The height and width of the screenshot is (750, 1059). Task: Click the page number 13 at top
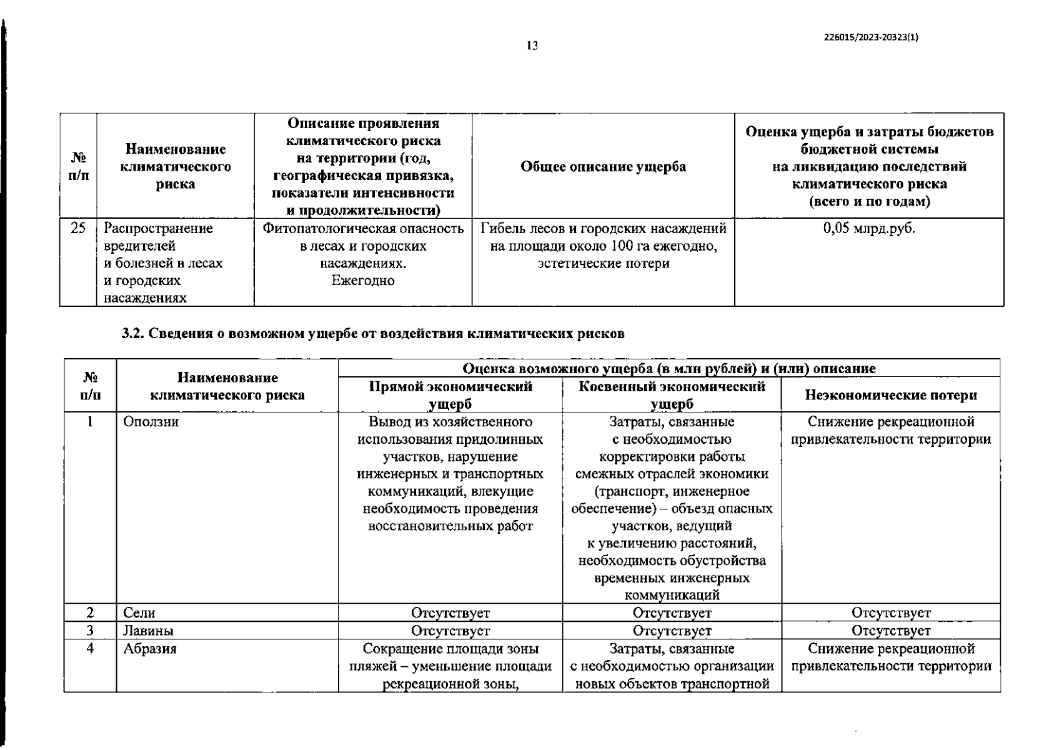[x=532, y=46]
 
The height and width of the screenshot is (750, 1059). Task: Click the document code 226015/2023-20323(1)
[x=871, y=37]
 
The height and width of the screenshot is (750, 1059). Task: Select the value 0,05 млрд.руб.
[x=869, y=229]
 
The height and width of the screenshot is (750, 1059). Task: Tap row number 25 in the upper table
[x=78, y=229]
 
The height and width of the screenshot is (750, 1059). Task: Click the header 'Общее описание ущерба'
[x=603, y=167]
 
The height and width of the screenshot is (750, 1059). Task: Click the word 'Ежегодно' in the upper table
[x=363, y=281]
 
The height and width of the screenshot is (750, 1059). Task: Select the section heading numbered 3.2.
[x=373, y=334]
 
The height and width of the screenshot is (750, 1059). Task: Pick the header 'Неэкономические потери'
[x=891, y=395]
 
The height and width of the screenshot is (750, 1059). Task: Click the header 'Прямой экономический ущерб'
[x=450, y=395]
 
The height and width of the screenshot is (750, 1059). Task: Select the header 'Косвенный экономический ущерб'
[x=672, y=395]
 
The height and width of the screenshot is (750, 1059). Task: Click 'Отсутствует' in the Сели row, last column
[x=891, y=613]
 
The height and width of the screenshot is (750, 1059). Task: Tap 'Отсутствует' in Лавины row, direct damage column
[x=450, y=631]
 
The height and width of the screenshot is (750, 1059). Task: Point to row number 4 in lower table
[x=91, y=649]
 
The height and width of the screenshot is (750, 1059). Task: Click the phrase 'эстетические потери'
[x=604, y=264]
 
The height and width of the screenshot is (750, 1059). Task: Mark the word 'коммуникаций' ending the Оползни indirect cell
[x=672, y=595]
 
